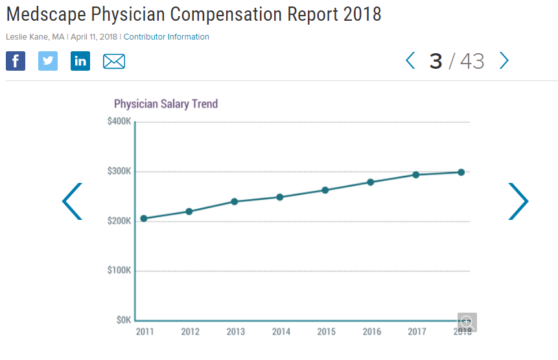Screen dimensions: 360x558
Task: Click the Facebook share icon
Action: pyautogui.click(x=16, y=61)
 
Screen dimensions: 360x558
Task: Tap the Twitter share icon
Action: pyautogui.click(x=48, y=61)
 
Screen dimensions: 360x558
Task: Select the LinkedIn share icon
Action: pyautogui.click(x=80, y=61)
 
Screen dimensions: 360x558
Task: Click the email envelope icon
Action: pyautogui.click(x=114, y=62)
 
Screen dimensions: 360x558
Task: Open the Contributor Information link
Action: pyautogui.click(x=166, y=37)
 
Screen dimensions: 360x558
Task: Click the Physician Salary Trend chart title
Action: pyautogui.click(x=166, y=104)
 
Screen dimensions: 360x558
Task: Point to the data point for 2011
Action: pyautogui.click(x=144, y=219)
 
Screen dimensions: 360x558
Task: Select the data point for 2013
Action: pyautogui.click(x=235, y=202)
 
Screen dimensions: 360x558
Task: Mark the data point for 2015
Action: pyautogui.click(x=325, y=190)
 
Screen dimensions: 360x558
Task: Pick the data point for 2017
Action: pyautogui.click(x=416, y=174)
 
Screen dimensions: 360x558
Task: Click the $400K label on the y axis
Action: pyautogui.click(x=119, y=122)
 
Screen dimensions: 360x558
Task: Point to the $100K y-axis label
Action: pyautogui.click(x=119, y=270)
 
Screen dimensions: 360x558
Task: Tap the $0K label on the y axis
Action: pyautogui.click(x=122, y=320)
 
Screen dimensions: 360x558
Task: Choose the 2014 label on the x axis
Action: pyautogui.click(x=281, y=332)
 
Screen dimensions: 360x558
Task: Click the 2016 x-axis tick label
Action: pyautogui.click(x=371, y=332)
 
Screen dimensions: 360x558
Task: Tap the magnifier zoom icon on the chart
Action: pyautogui.click(x=467, y=322)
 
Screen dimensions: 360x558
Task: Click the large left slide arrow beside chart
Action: pyautogui.click(x=72, y=201)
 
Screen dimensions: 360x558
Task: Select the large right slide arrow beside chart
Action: pyautogui.click(x=518, y=201)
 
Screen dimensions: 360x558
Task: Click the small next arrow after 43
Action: pyautogui.click(x=504, y=61)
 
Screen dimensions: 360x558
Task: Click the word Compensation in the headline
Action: pyautogui.click(x=270, y=14)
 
